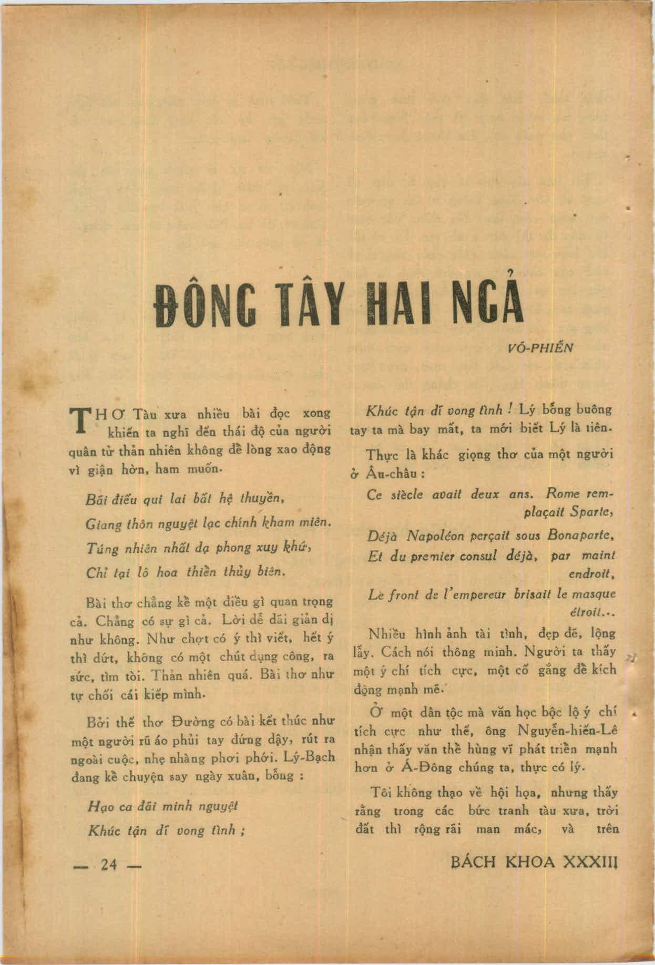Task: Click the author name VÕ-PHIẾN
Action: coord(543,347)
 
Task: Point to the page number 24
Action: coord(109,866)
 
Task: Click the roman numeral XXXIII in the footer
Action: coord(589,863)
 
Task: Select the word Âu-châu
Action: coord(390,473)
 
